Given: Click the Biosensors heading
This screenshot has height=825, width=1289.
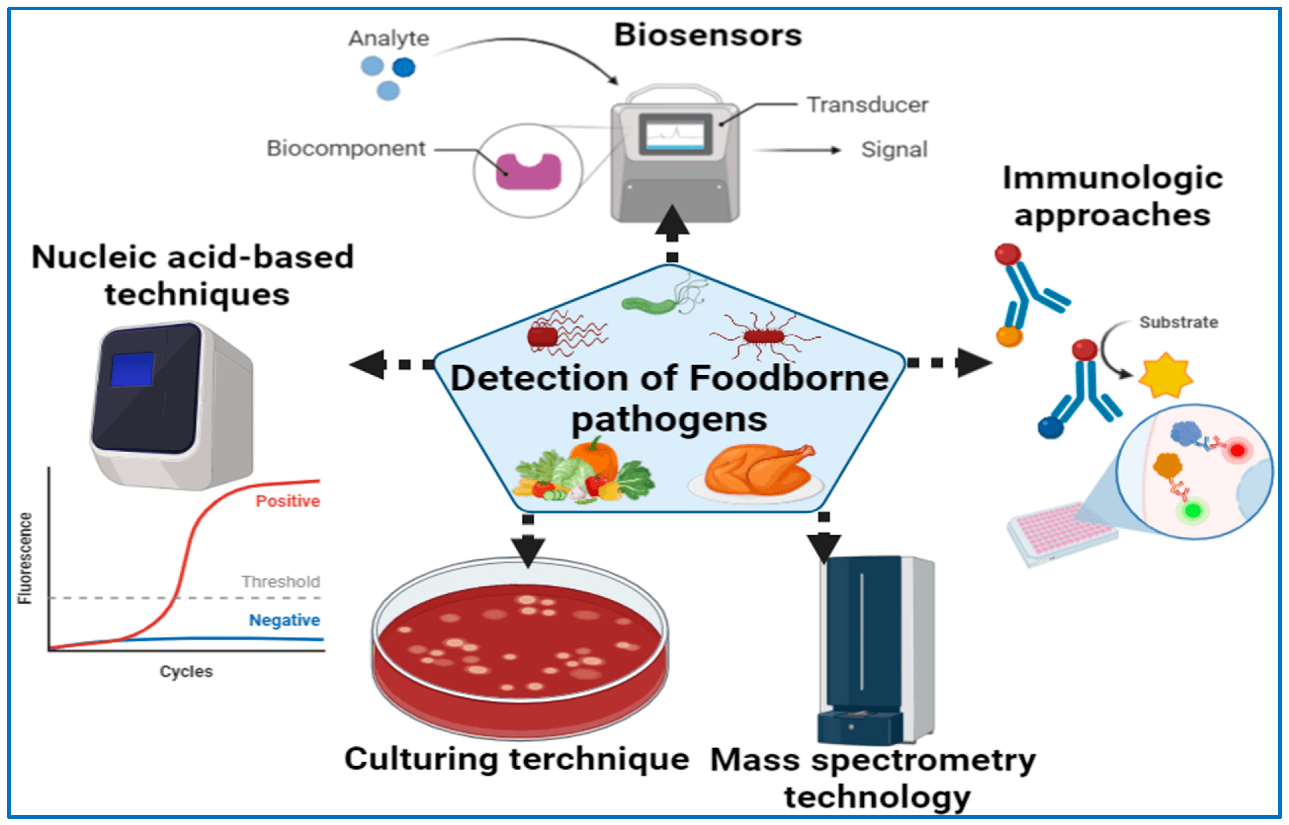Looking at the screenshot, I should coord(708,36).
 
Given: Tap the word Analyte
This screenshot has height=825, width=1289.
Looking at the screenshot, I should coord(388,38).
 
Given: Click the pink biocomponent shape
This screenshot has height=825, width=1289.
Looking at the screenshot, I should coord(528,172).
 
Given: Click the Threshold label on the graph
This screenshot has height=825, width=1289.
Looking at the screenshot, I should coord(280,581).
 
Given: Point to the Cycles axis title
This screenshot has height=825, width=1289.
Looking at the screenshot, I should coord(186,671).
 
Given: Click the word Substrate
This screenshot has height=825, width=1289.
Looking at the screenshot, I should coord(1178,323).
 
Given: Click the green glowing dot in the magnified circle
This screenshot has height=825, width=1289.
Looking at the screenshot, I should coord(1192,510).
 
